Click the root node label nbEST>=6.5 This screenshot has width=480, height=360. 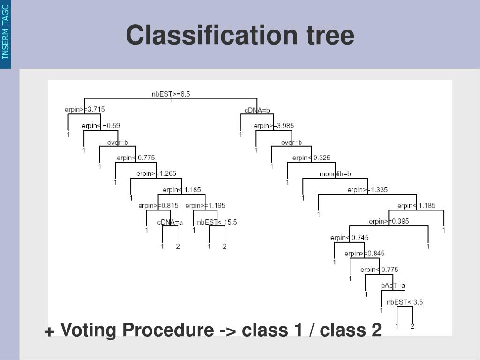pyautogui.click(x=171, y=94)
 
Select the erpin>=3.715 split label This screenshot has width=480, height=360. pyautogui.click(x=84, y=109)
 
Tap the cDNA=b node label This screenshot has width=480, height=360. pyautogui.click(x=257, y=110)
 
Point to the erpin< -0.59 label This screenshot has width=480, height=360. pyautogui.click(x=100, y=126)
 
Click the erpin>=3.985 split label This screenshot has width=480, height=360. pyautogui.click(x=274, y=126)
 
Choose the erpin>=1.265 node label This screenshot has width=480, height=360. pyautogui.click(x=156, y=173)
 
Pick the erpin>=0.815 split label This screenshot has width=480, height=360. pyautogui.click(x=158, y=205)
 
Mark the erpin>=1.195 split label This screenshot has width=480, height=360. pyautogui.click(x=205, y=205)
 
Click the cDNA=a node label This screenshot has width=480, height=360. pyautogui.click(x=170, y=222)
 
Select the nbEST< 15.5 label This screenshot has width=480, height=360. pyautogui.click(x=217, y=222)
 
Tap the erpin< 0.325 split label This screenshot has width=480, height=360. pyautogui.click(x=311, y=157)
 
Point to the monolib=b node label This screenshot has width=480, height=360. pyautogui.click(x=335, y=174)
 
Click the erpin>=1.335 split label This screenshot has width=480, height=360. pyautogui.click(x=367, y=190)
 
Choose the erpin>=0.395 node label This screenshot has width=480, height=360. pyautogui.click(x=389, y=221)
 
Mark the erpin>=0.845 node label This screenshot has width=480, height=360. pyautogui.click(x=364, y=254)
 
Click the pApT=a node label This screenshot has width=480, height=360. pyautogui.click(x=393, y=285)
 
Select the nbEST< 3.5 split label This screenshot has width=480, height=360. pyautogui.click(x=405, y=302)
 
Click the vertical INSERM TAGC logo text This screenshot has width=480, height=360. pyautogui.click(x=6, y=31)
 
